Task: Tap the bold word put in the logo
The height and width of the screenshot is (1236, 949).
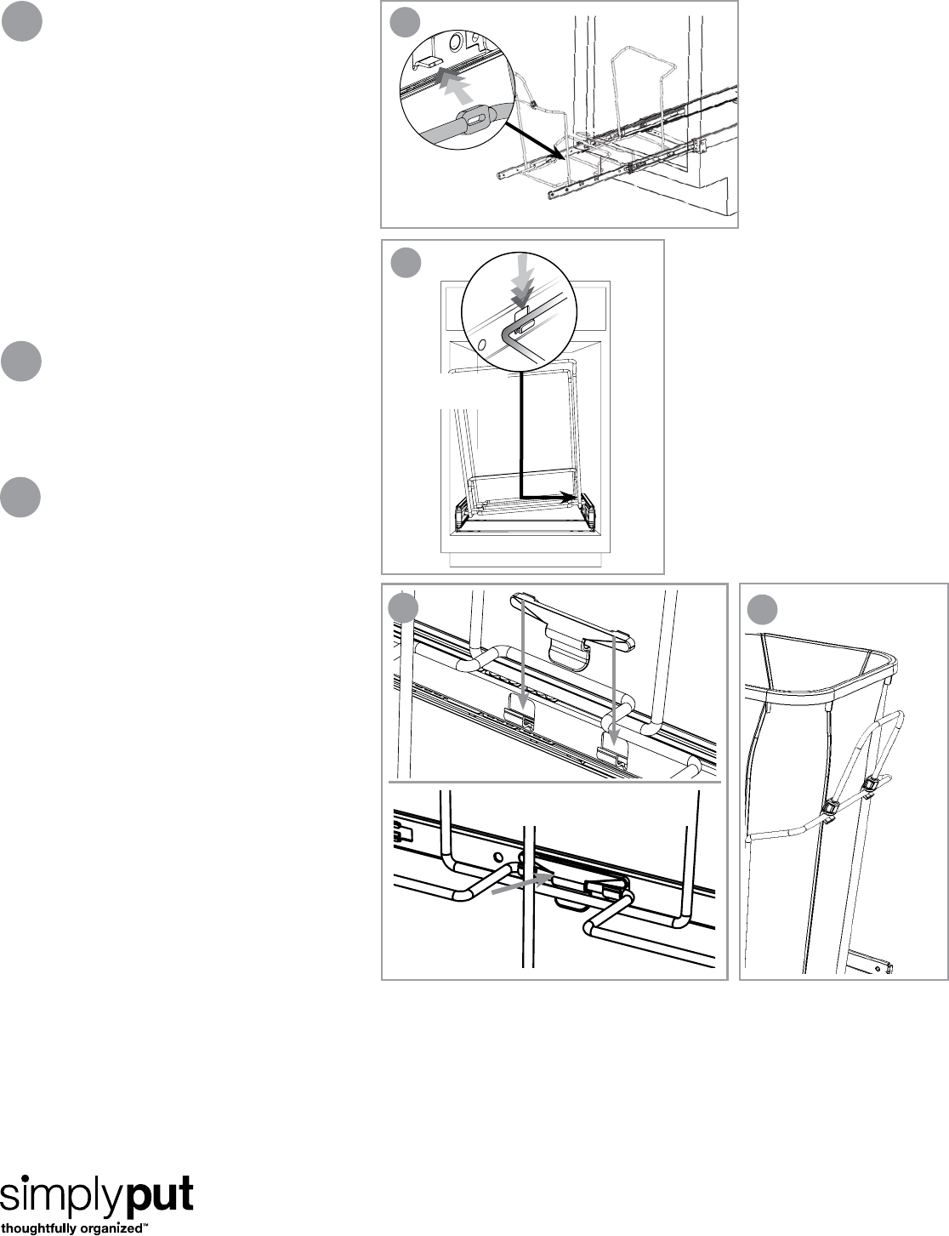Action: click(160, 1194)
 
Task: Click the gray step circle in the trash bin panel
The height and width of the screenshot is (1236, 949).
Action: click(762, 610)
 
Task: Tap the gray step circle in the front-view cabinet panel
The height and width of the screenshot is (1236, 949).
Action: click(406, 263)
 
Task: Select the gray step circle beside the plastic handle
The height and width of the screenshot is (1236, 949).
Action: click(403, 608)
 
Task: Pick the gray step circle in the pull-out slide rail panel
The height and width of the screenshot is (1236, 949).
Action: click(405, 23)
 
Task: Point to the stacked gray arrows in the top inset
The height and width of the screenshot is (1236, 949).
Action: click(456, 85)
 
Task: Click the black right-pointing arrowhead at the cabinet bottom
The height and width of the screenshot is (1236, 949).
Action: click(568, 495)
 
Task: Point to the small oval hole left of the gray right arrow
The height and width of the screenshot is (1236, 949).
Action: click(498, 857)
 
